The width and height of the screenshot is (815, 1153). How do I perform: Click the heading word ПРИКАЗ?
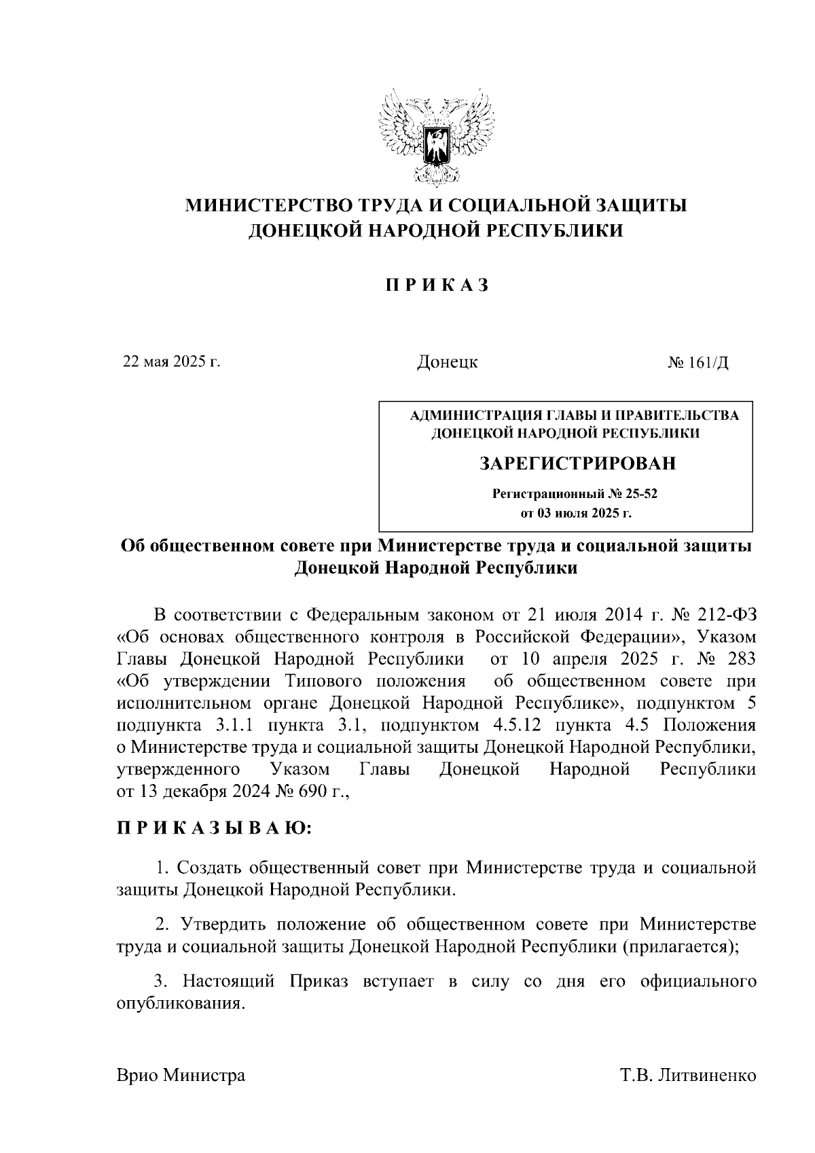437,285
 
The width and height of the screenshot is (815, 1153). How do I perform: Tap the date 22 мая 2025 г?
171,361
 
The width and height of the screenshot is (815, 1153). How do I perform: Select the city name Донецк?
447,362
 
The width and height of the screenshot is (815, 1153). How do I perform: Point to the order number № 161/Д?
698,362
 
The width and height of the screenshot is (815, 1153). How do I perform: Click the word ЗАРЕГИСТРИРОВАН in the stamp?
578,464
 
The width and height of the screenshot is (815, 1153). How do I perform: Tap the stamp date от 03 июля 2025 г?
576,513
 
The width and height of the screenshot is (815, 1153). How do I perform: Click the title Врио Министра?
181,1076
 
